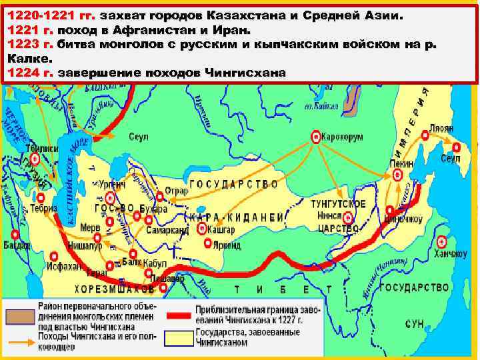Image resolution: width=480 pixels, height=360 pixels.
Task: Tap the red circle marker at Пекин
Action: click(x=398, y=175)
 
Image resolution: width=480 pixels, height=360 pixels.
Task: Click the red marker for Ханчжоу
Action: click(x=441, y=242)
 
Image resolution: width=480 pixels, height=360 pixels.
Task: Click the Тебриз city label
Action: click(x=43, y=208)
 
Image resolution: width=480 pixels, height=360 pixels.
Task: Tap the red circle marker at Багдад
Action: click(x=14, y=234)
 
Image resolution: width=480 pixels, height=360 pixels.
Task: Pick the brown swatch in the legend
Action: click(x=19, y=313)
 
